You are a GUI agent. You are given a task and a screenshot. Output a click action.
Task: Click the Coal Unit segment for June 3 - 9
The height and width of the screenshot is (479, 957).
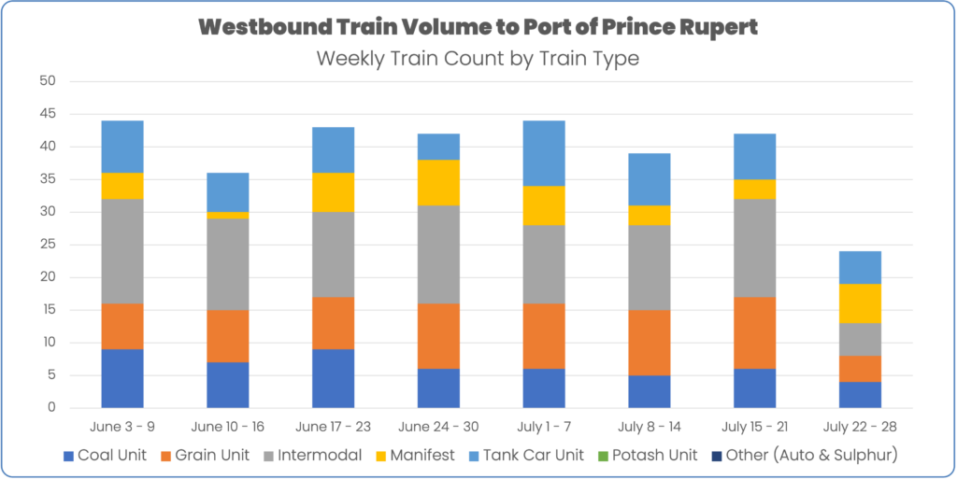122,378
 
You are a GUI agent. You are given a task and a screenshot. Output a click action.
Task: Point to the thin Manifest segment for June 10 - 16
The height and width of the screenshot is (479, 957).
227,215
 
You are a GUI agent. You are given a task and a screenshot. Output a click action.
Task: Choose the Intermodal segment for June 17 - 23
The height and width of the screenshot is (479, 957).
332,255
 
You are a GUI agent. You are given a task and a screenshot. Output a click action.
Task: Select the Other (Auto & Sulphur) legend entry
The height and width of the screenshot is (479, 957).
803,455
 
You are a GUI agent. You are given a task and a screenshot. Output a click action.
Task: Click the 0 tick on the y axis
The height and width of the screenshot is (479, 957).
50,408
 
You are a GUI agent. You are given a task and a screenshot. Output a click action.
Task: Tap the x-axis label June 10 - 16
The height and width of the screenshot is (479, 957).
226,427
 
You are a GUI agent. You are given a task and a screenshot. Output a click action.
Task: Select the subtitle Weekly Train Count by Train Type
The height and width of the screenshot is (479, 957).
478,58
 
